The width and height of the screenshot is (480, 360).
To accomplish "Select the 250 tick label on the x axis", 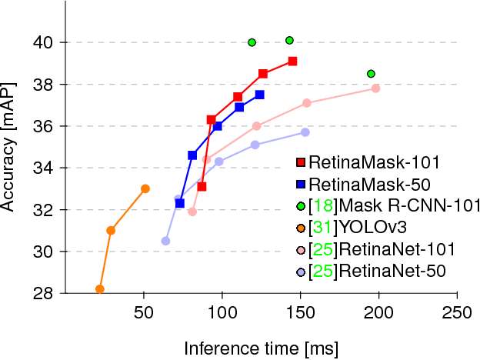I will point(457,313).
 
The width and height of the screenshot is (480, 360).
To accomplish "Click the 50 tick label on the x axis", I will point(143,313).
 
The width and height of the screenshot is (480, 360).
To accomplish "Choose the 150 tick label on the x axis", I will point(300,313).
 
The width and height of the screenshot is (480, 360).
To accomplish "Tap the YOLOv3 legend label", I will point(374,227).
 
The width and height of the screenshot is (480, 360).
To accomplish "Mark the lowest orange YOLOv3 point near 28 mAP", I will point(99,289).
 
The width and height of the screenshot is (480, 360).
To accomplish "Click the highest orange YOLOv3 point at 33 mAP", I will point(145,188).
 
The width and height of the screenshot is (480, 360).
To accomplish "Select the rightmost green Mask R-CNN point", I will point(372,74).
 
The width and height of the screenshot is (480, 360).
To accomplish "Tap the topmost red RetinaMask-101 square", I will point(293,61).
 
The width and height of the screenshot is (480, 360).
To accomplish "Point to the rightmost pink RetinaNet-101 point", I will point(376,88).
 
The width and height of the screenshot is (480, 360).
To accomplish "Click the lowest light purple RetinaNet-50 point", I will point(165,241).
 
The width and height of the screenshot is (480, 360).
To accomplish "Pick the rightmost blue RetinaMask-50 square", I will point(260,95).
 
